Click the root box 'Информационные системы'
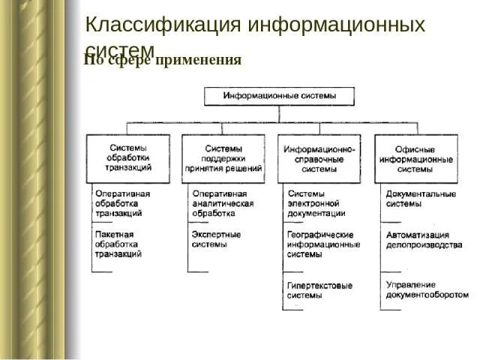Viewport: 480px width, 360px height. (280, 96)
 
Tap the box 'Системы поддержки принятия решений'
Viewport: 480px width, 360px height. (223, 158)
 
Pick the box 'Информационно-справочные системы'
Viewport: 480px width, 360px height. (319, 159)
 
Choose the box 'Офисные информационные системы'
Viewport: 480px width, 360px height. (416, 159)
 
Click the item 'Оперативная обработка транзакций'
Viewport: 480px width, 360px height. (122, 203)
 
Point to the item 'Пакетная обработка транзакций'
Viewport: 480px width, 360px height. (118, 244)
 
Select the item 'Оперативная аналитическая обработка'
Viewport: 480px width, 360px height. (223, 203)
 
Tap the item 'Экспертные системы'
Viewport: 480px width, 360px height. (216, 239)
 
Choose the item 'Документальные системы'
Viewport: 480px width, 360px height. (421, 199)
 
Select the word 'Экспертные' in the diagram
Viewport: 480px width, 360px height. (216, 235)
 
